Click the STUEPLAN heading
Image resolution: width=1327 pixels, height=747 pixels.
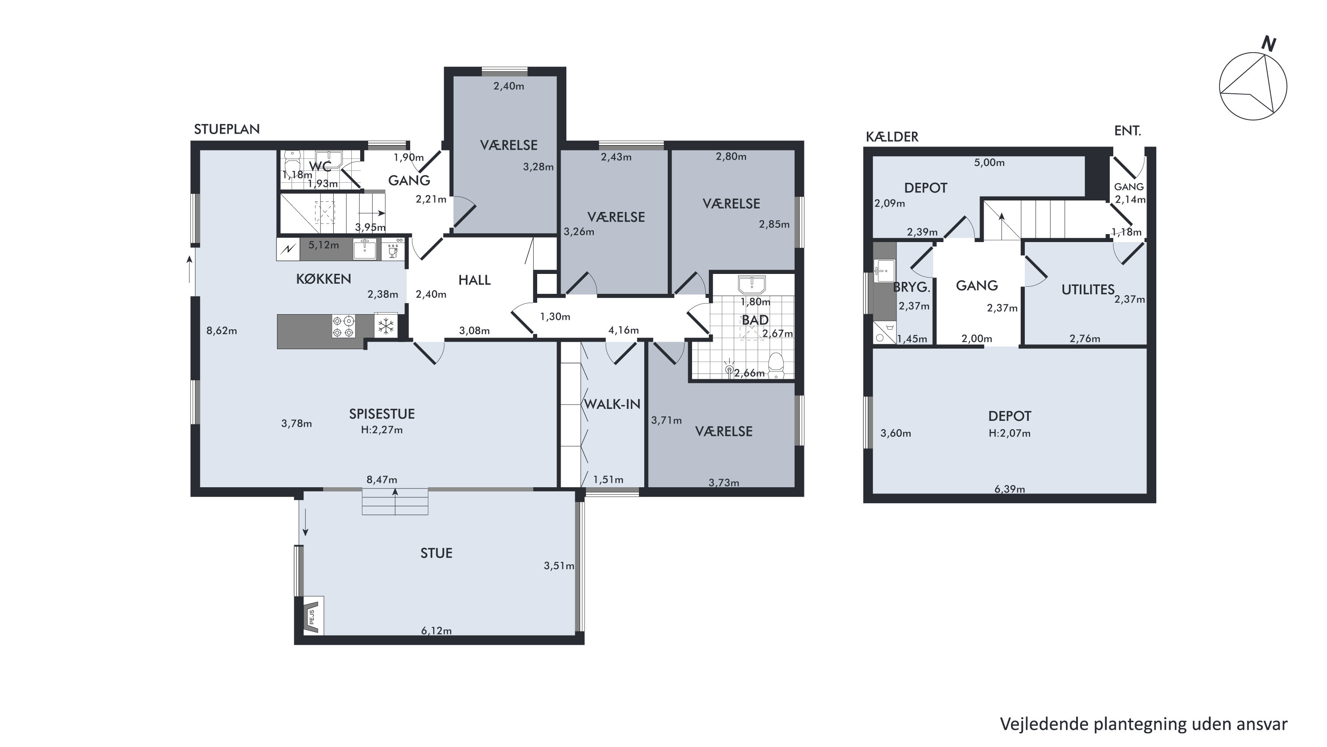(x=227, y=129)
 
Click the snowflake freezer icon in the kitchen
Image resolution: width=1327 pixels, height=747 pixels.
(x=386, y=326)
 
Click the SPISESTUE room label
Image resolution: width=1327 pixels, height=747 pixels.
(x=382, y=414)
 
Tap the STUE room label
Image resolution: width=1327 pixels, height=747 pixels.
(x=436, y=553)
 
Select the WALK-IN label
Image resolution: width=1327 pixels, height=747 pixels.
(x=612, y=404)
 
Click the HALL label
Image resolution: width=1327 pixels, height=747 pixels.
(x=474, y=280)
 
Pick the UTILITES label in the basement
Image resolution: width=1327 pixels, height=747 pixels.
(x=1088, y=289)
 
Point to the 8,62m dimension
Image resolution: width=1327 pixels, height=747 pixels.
(x=222, y=331)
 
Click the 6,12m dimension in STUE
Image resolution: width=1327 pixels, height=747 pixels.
(x=436, y=631)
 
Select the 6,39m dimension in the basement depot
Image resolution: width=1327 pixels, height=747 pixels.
(x=1010, y=489)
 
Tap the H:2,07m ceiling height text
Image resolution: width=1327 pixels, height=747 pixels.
(x=1010, y=433)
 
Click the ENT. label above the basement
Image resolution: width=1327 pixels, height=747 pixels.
(x=1127, y=131)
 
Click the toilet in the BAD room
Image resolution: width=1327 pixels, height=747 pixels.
(x=776, y=364)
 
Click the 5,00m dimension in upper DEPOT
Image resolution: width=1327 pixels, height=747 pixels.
(x=989, y=163)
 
